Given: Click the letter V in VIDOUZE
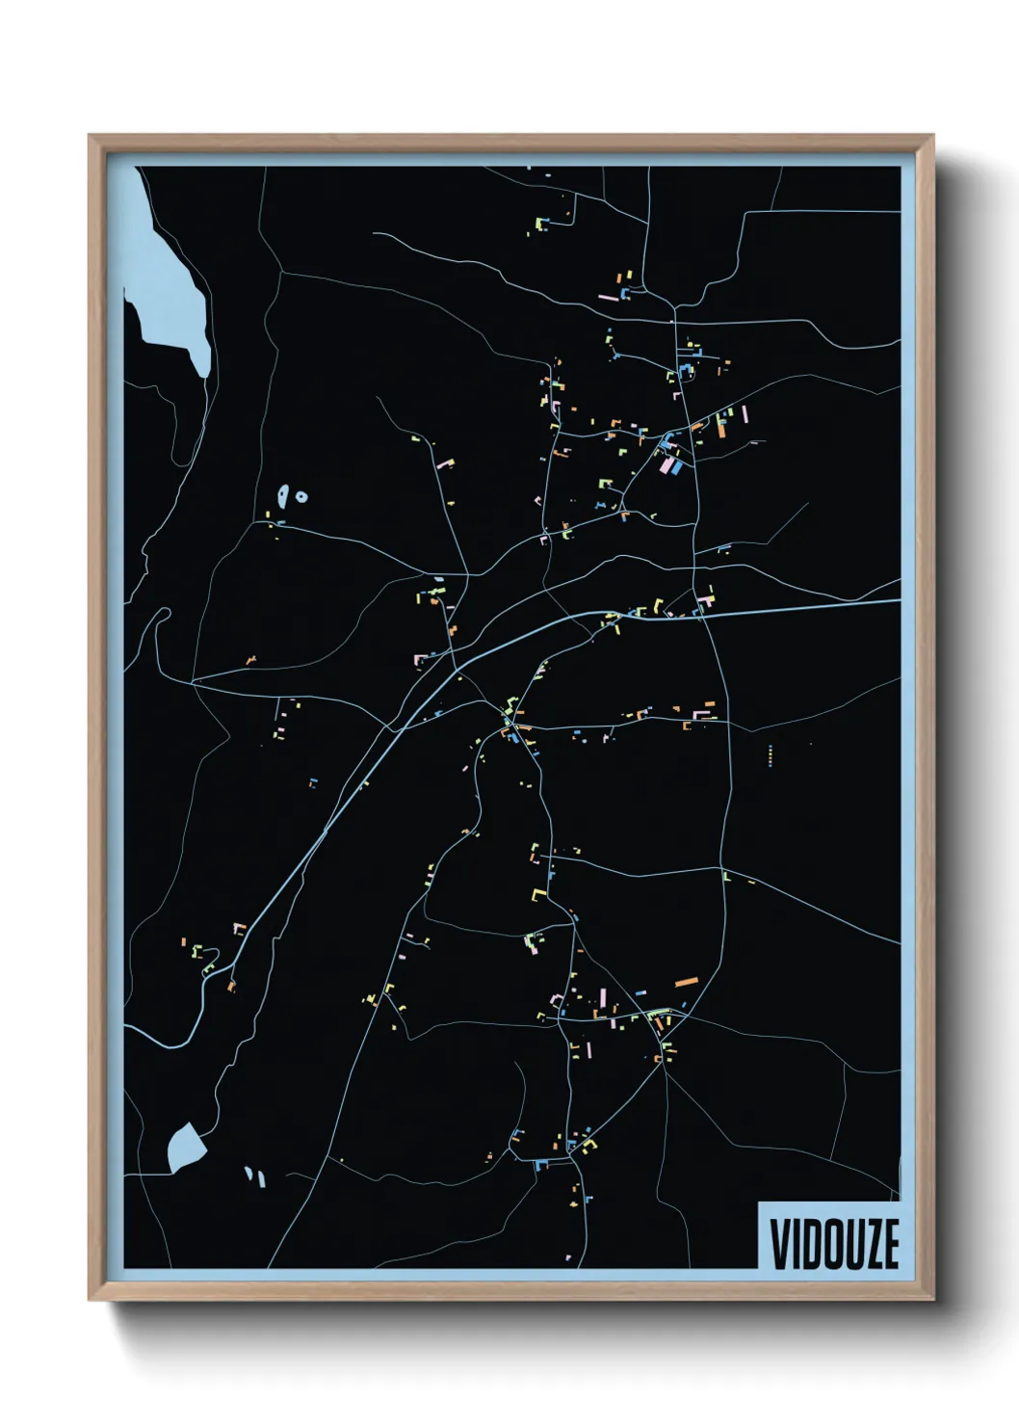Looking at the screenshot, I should click(x=777, y=1244).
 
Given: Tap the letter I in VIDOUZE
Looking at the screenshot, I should click(x=795, y=1244).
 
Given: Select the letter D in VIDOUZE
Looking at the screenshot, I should click(x=810, y=1244).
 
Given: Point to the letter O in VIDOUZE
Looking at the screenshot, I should click(x=831, y=1244).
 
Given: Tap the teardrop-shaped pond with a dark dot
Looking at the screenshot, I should click(x=282, y=496).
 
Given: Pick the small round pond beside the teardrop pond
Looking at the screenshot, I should click(x=301, y=497).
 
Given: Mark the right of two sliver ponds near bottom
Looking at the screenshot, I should click(x=259, y=1175).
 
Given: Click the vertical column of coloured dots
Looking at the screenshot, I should click(x=771, y=754).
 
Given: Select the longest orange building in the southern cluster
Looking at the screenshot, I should click(x=686, y=980).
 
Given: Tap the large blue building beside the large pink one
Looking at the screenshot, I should click(x=678, y=467).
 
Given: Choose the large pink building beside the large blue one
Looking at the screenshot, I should click(x=666, y=465).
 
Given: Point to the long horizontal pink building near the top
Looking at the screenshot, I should click(x=609, y=297).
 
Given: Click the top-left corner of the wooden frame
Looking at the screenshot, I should click(x=90, y=136).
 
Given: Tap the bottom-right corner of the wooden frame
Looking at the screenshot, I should click(x=932, y=1299).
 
